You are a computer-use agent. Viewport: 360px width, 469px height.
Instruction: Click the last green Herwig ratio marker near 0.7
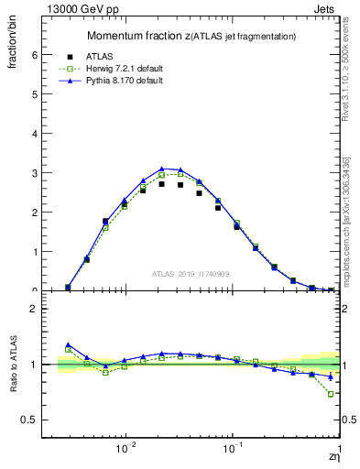[x=331, y=394]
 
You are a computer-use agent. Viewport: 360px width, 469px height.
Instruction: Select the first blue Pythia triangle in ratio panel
[x=68, y=345]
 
